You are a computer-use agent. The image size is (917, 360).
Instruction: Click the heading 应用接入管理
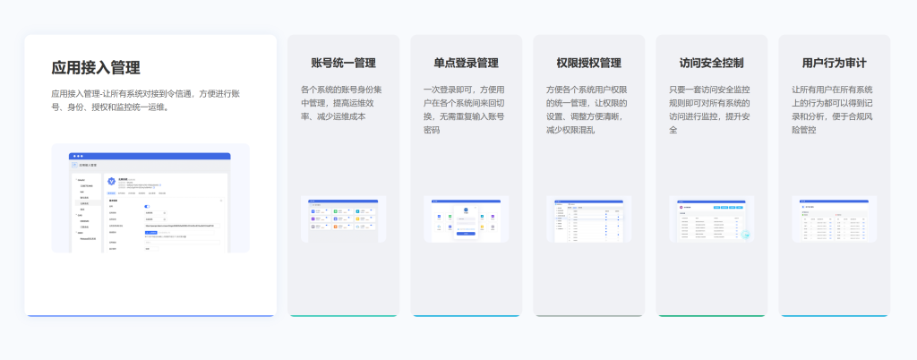(x=96, y=67)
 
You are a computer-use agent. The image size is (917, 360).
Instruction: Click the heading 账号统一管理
(x=343, y=64)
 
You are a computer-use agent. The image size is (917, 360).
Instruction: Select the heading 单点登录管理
(x=466, y=64)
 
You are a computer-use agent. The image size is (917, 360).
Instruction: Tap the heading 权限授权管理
(x=588, y=64)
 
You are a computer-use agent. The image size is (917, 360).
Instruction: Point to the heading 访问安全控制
(x=711, y=64)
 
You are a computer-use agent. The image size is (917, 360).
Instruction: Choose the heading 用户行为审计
(x=834, y=64)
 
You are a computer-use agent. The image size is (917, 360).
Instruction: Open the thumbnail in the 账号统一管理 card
(x=343, y=219)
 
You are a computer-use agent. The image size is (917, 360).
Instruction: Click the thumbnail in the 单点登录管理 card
(x=466, y=219)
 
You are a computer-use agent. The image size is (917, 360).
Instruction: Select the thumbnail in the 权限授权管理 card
(x=588, y=219)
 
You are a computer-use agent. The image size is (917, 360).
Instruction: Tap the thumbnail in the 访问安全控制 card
(x=711, y=219)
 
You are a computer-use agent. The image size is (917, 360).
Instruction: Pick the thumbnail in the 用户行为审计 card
(x=834, y=219)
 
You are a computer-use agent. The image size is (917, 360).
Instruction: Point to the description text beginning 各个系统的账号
(x=340, y=103)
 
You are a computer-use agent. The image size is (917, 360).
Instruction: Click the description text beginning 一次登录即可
(x=464, y=109)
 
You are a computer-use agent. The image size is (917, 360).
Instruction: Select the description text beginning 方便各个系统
(x=587, y=109)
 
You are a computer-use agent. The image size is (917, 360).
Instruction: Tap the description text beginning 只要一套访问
(x=709, y=109)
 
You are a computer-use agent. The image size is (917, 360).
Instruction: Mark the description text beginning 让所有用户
(x=832, y=109)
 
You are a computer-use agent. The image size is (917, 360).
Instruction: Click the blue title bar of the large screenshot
(x=150, y=156)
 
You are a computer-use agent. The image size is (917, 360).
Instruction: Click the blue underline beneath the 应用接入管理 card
(x=150, y=315)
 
